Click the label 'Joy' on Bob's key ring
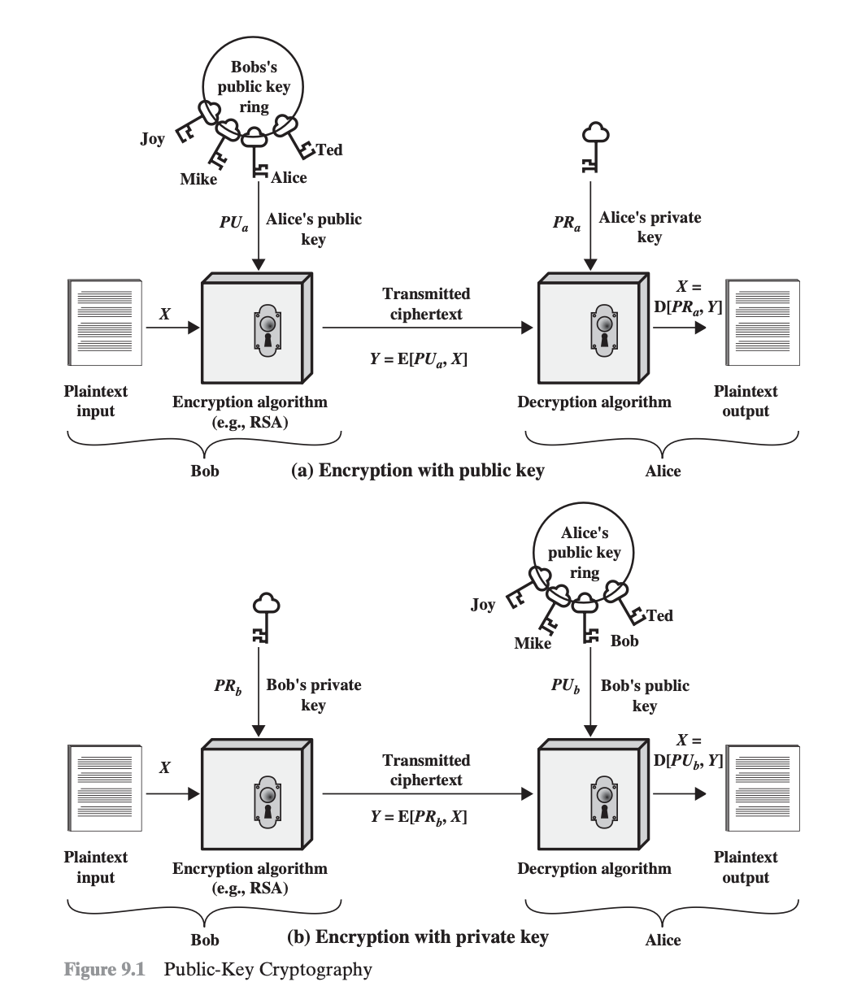point(152,139)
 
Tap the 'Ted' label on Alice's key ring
point(659,615)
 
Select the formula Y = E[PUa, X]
point(419,358)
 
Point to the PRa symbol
point(566,222)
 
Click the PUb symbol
point(566,684)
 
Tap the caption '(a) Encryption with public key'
point(418,470)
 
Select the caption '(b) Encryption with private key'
point(418,936)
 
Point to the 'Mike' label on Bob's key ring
point(198,180)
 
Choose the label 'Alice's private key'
point(650,227)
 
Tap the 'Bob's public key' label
point(645,695)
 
